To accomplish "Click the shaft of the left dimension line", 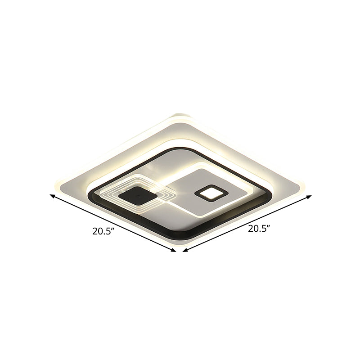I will point(112,223).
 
